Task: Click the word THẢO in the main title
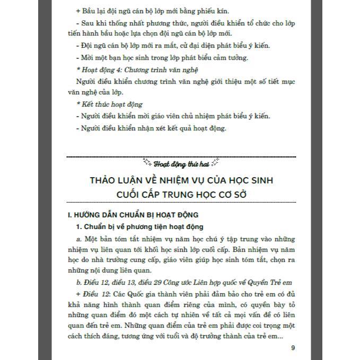106,180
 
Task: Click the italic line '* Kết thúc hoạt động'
109,104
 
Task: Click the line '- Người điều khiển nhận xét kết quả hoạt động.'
151,128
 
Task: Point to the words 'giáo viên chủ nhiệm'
189,116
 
